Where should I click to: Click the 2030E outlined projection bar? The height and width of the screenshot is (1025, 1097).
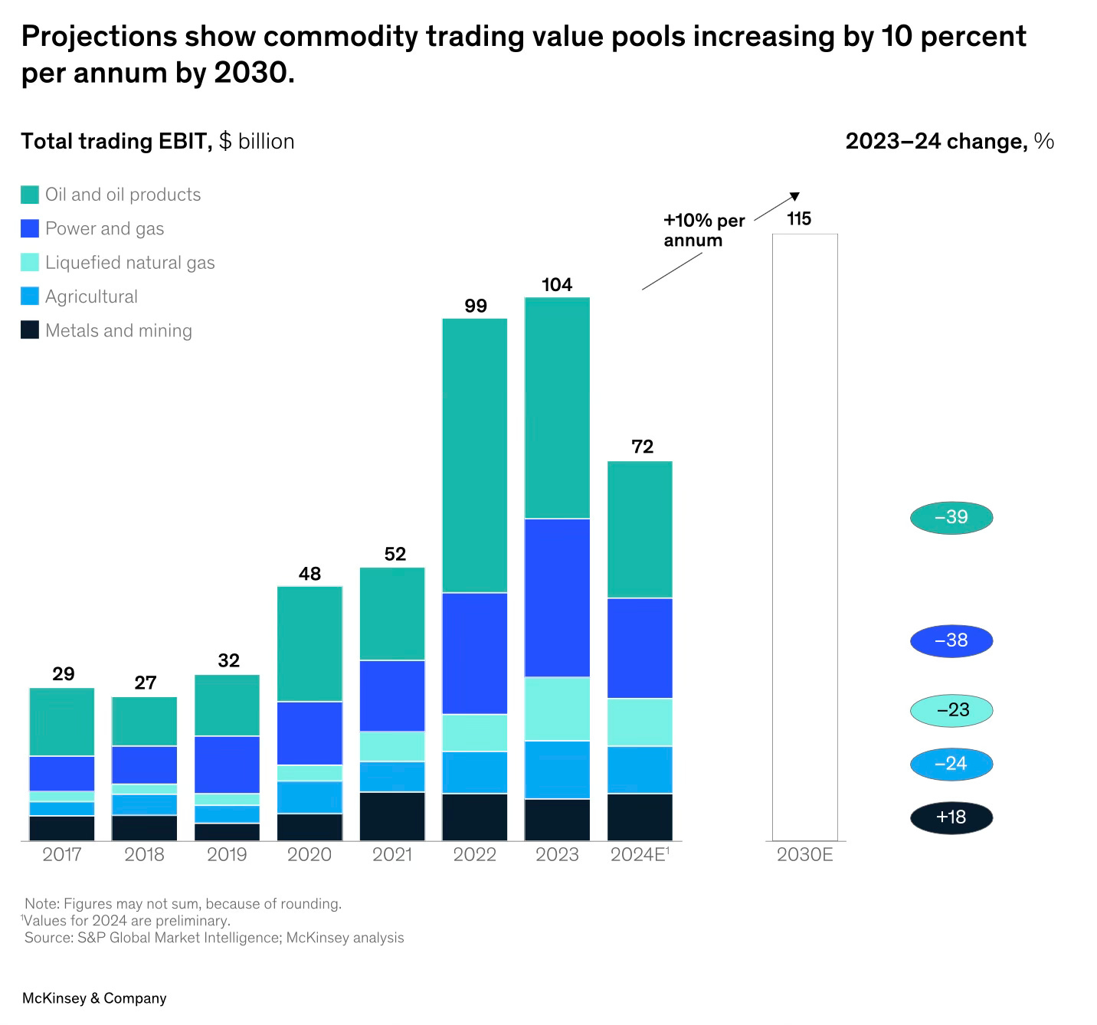coord(804,536)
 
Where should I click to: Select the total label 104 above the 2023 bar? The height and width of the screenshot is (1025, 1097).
coord(557,285)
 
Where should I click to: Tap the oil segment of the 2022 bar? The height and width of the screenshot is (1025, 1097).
coord(475,456)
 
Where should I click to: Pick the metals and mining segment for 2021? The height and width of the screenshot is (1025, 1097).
coord(392,816)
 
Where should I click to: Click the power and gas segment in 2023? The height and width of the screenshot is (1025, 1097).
coord(557,598)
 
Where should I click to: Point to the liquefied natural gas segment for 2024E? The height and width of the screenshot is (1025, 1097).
coord(640,722)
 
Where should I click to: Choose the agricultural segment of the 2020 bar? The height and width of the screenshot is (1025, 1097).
coord(309,797)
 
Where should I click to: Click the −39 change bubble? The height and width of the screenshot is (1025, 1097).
coord(951,518)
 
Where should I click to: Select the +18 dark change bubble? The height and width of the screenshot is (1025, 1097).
coord(951,817)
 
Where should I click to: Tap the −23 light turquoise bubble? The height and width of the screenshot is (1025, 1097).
coord(951,710)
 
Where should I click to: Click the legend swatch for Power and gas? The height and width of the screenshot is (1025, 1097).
coord(30,228)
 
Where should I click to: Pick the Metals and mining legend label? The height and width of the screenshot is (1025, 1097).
coord(119,331)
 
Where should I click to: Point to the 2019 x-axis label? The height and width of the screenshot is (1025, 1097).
coord(227,854)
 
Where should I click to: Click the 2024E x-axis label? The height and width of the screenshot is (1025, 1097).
coord(640,854)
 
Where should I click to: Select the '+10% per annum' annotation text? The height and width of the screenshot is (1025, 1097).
coord(702,231)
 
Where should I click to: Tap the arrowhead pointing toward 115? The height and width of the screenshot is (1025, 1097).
coord(795,196)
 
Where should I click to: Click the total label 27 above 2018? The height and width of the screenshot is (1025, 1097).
coord(146,683)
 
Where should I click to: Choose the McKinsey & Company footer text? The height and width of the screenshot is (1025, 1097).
coord(94,998)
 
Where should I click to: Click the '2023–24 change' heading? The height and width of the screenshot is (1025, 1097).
coord(949,141)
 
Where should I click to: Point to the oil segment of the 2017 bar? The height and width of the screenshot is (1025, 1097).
coord(62,722)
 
